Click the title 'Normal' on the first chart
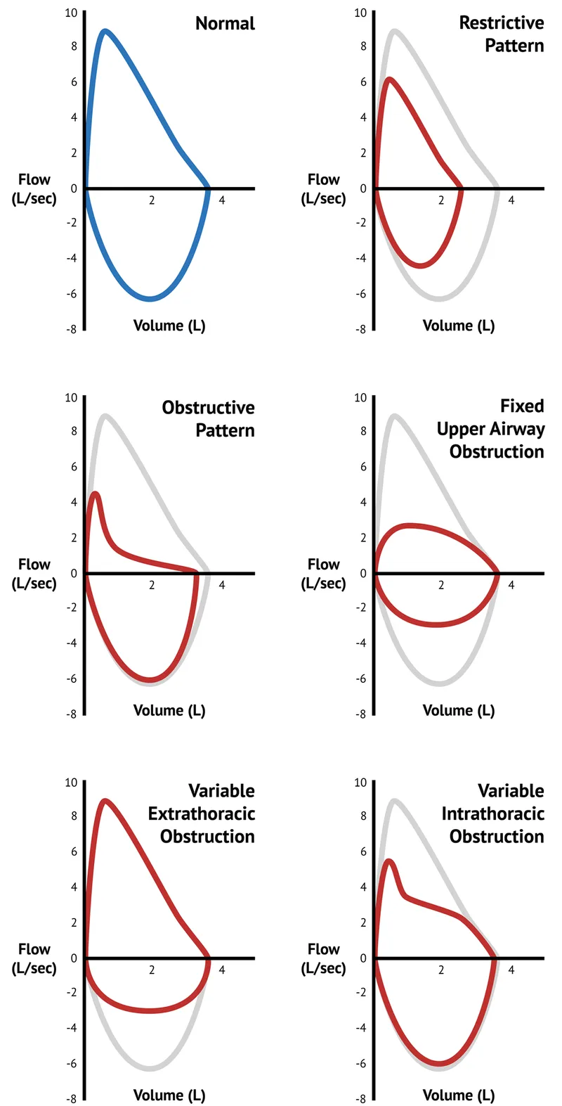point(225,23)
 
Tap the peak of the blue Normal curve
point(105,31)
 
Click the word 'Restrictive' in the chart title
point(501,22)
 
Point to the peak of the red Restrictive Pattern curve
point(389,79)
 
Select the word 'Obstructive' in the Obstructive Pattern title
point(208,408)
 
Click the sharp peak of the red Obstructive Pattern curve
point(96,494)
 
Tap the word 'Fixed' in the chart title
point(521,406)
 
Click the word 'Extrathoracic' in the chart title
point(201,814)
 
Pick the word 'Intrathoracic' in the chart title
point(492,814)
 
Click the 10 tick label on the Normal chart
point(71,13)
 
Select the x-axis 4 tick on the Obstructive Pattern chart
point(222,585)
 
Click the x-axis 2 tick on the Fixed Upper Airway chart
point(441,585)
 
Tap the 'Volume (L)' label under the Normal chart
point(169,326)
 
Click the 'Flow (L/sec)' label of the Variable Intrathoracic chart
point(323,958)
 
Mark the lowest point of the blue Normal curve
point(151,300)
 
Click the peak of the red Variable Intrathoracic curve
point(388,861)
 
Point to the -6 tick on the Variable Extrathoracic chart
point(71,1064)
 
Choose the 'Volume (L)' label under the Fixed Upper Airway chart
point(458,710)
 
